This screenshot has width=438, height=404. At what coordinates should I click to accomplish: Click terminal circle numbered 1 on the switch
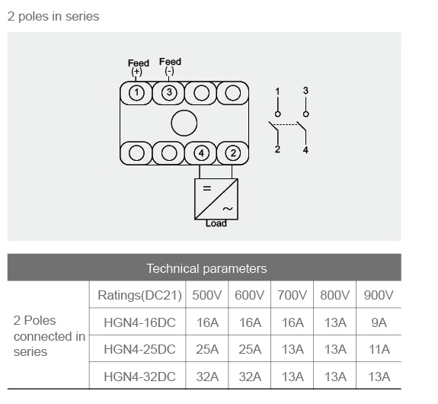(x=136, y=92)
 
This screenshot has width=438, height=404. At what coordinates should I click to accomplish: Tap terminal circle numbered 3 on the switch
(x=169, y=92)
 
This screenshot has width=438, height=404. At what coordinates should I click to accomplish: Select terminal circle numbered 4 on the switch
(x=201, y=153)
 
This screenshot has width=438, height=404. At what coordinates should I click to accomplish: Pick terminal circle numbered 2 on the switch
(x=233, y=153)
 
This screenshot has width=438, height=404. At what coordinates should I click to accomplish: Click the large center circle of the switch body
(x=184, y=123)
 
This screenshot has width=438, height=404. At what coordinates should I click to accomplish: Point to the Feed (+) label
(x=139, y=67)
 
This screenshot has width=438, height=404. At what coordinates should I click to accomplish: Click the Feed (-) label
(x=170, y=66)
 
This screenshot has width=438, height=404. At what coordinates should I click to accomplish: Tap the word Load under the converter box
(x=216, y=223)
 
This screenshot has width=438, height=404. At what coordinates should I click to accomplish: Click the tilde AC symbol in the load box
(x=228, y=209)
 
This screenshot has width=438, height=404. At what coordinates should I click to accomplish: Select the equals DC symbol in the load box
(x=207, y=188)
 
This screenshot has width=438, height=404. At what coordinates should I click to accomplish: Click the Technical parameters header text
(x=206, y=268)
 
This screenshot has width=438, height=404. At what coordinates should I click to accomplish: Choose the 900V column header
(x=379, y=295)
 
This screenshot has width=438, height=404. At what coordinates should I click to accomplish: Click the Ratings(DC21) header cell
(x=139, y=295)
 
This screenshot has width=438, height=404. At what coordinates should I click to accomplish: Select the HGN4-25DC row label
(x=139, y=349)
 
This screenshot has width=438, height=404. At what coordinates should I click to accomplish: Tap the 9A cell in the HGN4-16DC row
(x=379, y=322)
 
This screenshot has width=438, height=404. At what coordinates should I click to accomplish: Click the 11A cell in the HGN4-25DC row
(x=379, y=349)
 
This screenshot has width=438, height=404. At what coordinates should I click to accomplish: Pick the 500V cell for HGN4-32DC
(x=207, y=377)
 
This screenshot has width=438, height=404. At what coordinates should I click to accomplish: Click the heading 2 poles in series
(x=53, y=17)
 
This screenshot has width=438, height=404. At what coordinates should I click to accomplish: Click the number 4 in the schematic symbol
(x=305, y=150)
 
